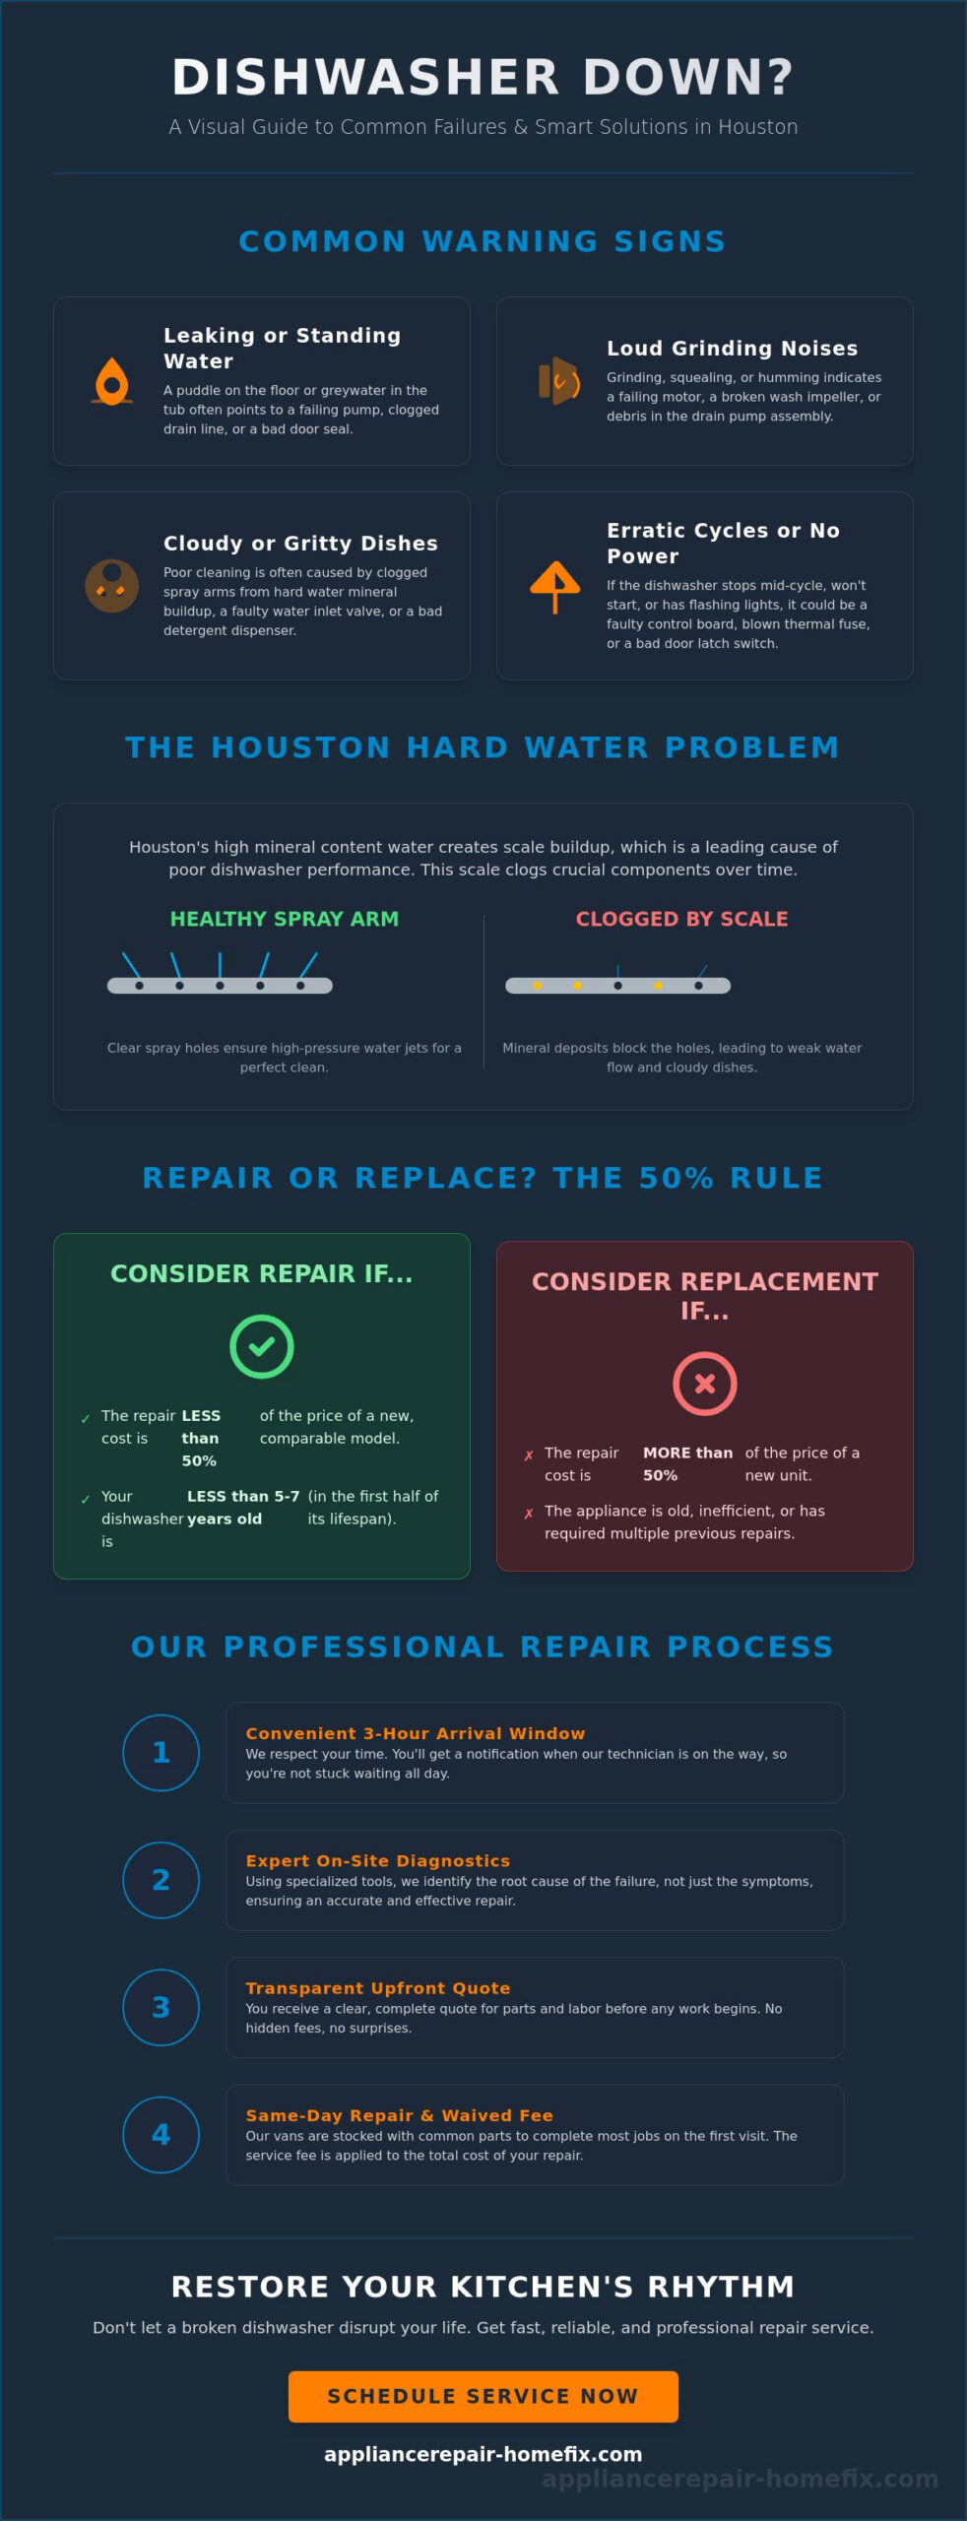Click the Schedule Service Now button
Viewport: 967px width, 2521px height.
(x=483, y=2396)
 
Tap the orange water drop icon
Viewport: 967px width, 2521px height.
(x=112, y=382)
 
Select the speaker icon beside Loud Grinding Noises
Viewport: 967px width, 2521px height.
(x=558, y=381)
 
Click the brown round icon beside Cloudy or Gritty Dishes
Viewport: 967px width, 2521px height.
(x=112, y=586)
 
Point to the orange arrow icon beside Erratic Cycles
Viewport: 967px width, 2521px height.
(x=555, y=586)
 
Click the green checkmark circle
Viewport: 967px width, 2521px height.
(x=262, y=1346)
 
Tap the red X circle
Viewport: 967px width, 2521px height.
(x=705, y=1384)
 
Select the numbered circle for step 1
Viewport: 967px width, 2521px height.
(x=161, y=1752)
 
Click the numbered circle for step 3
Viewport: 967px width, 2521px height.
(x=161, y=2007)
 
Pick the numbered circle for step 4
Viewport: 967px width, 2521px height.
(x=161, y=2134)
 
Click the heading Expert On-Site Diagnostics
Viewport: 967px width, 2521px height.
(x=378, y=1860)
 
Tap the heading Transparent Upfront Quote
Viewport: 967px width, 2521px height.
(x=378, y=1987)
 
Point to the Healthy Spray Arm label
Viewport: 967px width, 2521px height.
(x=285, y=919)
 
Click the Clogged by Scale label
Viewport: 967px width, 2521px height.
(x=682, y=919)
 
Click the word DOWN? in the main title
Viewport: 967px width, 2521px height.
(x=688, y=78)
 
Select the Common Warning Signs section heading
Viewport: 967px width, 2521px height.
(x=483, y=241)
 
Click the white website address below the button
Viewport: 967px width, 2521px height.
(x=483, y=2454)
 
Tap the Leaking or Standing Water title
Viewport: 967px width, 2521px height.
(x=283, y=349)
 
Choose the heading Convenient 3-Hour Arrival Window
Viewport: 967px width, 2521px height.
(x=416, y=1733)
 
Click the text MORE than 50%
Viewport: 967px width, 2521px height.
(x=687, y=1463)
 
